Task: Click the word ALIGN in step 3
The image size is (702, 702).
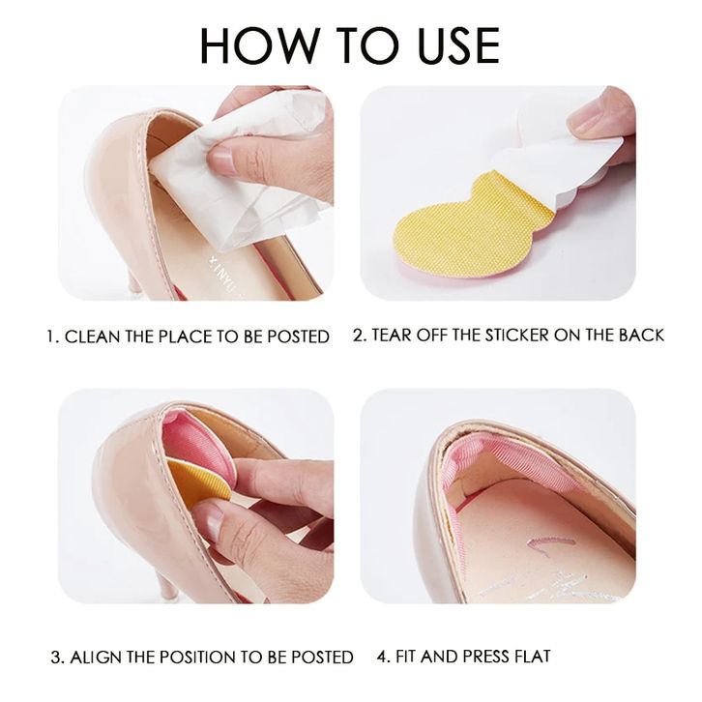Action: pyautogui.click(x=96, y=658)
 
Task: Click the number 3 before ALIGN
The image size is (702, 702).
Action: pyautogui.click(x=57, y=658)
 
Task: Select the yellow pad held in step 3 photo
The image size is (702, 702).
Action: pyautogui.click(x=200, y=484)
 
